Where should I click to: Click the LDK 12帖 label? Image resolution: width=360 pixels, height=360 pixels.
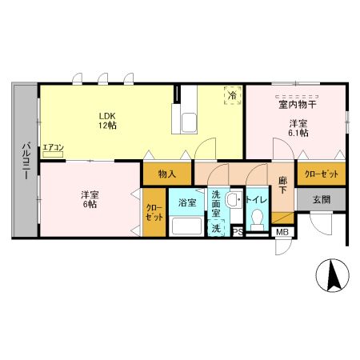point(108,121)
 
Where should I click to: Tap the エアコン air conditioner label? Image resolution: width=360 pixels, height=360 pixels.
point(54,147)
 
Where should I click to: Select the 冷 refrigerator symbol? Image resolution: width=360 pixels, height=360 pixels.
point(233,95)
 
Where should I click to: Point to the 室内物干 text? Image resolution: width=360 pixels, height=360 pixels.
point(297,104)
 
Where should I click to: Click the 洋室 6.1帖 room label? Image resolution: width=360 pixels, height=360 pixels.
point(298,128)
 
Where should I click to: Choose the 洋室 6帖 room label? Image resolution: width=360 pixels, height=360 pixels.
point(90,199)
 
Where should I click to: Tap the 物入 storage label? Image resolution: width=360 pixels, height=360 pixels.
point(167,174)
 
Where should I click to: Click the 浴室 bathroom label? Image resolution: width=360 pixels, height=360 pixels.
point(187,202)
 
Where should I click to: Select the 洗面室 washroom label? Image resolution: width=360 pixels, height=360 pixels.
point(216,203)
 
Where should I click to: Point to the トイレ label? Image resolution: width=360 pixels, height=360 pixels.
point(256,200)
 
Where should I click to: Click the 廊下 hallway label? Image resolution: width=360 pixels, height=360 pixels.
point(283,185)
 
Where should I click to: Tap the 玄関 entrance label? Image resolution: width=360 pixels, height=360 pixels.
point(322,199)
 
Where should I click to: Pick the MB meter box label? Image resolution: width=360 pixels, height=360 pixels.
point(282,232)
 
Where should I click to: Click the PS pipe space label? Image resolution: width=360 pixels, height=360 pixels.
point(238,232)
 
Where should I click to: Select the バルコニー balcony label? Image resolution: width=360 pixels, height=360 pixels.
point(26,161)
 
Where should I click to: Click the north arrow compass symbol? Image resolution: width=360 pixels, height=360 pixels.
point(333,275)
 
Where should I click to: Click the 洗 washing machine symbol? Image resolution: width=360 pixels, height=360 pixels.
point(216,227)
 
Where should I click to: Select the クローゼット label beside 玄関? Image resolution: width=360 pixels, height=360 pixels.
point(322,174)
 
